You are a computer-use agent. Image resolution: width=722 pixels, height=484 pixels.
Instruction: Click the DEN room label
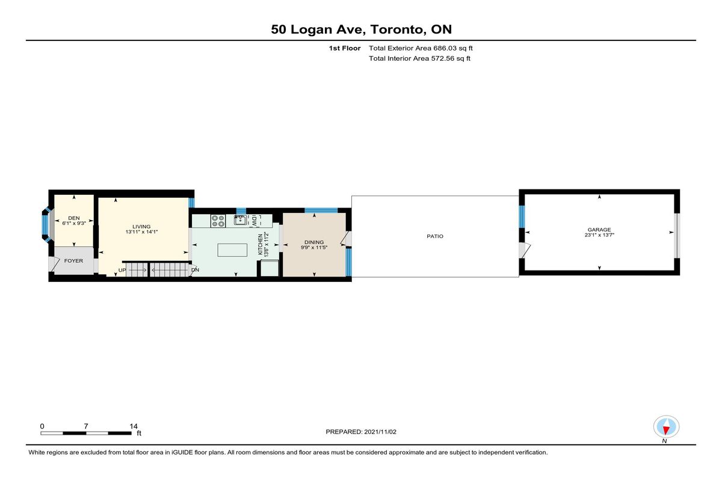(x=74, y=218)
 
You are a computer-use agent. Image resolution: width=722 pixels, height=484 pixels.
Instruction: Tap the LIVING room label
(x=141, y=227)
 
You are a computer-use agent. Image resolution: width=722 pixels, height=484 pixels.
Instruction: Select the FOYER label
(x=73, y=261)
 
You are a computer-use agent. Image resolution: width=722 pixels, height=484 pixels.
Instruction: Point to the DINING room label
(x=314, y=242)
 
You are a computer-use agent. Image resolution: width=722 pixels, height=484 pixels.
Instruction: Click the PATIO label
(x=435, y=236)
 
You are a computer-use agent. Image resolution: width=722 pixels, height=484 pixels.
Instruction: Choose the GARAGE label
(x=599, y=230)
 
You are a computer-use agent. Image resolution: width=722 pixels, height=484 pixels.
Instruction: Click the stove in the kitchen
(x=218, y=221)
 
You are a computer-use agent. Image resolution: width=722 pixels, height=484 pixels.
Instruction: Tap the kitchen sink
(x=241, y=220)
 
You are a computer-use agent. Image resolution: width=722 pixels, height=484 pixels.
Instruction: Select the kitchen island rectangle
(x=232, y=250)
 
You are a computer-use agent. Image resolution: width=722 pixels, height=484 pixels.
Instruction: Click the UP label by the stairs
(x=122, y=270)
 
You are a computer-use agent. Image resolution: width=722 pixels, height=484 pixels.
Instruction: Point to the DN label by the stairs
(x=196, y=270)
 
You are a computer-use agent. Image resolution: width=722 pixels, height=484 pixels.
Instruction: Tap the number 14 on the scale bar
(x=134, y=426)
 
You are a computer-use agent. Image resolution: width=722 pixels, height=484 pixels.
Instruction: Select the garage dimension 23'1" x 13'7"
(x=599, y=235)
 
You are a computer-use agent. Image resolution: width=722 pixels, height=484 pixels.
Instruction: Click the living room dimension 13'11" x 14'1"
(x=141, y=232)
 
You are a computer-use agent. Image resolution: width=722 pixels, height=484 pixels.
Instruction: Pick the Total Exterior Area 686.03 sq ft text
(x=421, y=48)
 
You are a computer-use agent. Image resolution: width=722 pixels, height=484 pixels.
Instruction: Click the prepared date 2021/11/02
(x=380, y=432)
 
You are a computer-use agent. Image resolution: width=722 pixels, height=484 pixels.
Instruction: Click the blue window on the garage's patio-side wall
(x=522, y=216)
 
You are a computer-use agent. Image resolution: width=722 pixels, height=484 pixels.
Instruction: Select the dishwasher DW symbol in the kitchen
(x=255, y=221)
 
